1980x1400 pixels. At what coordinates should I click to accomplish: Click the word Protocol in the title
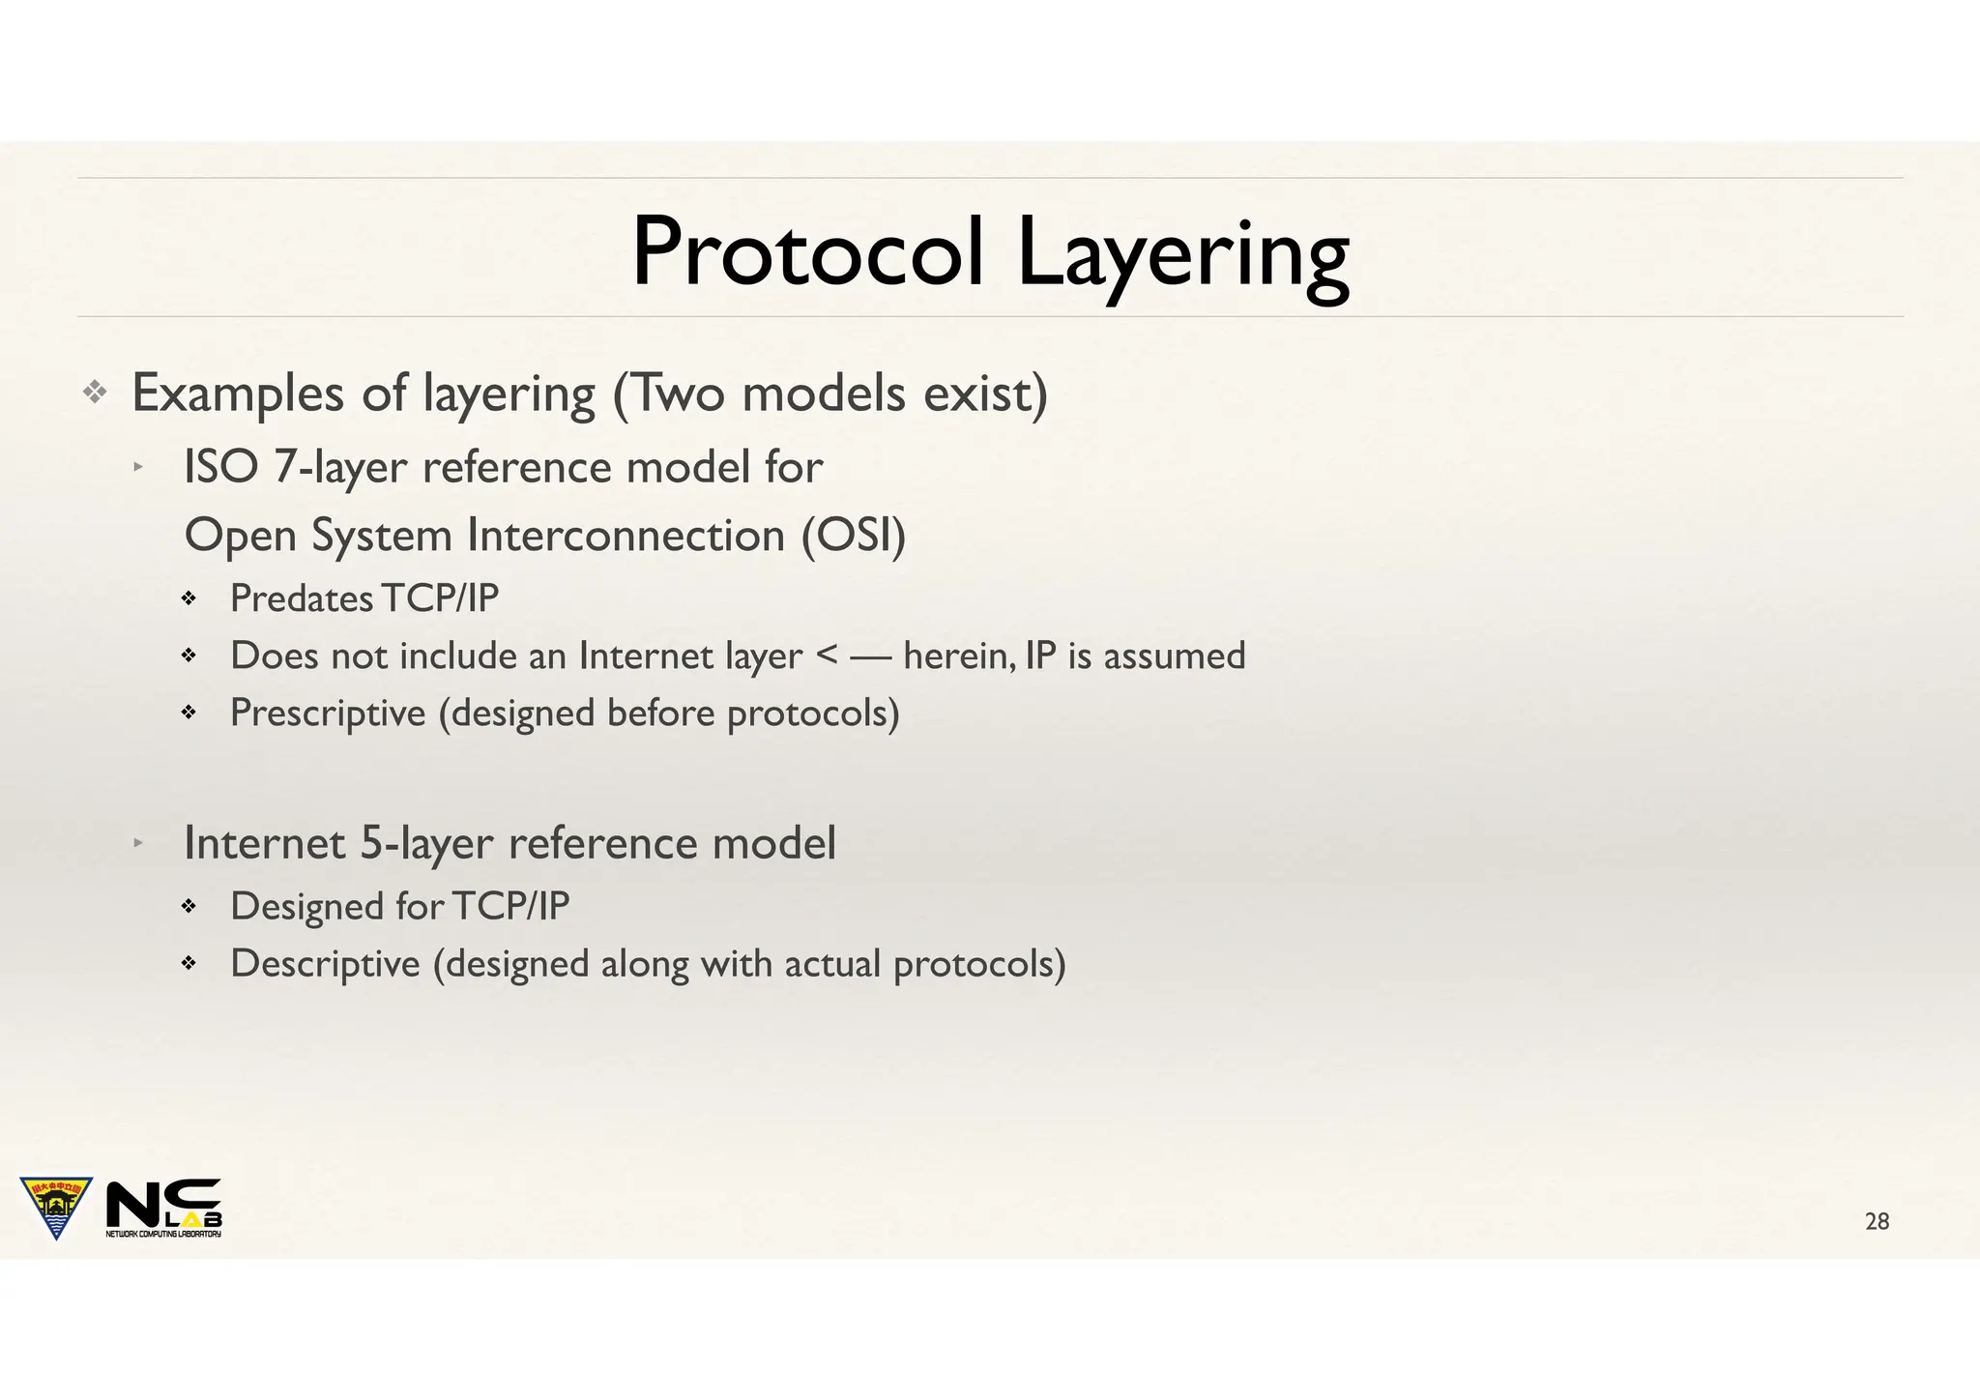807,253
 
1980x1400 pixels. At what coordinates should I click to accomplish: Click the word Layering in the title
1181,256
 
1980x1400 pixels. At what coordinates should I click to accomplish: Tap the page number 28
1877,1221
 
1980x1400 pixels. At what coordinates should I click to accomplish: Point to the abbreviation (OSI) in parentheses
854,535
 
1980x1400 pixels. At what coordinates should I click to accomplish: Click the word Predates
302,598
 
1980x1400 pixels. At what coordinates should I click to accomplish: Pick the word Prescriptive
328,714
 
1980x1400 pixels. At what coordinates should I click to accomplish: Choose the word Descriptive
325,964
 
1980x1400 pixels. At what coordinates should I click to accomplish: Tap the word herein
959,656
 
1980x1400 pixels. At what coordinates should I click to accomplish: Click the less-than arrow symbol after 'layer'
828,656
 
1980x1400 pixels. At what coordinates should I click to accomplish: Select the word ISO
220,467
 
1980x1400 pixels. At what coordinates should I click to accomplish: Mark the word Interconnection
626,535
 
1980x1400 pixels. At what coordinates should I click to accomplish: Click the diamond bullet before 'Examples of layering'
95,393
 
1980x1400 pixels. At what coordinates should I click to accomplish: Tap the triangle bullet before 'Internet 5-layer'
138,843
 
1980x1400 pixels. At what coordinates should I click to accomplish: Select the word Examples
238,394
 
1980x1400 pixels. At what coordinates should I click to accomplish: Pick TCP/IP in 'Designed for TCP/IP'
510,906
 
